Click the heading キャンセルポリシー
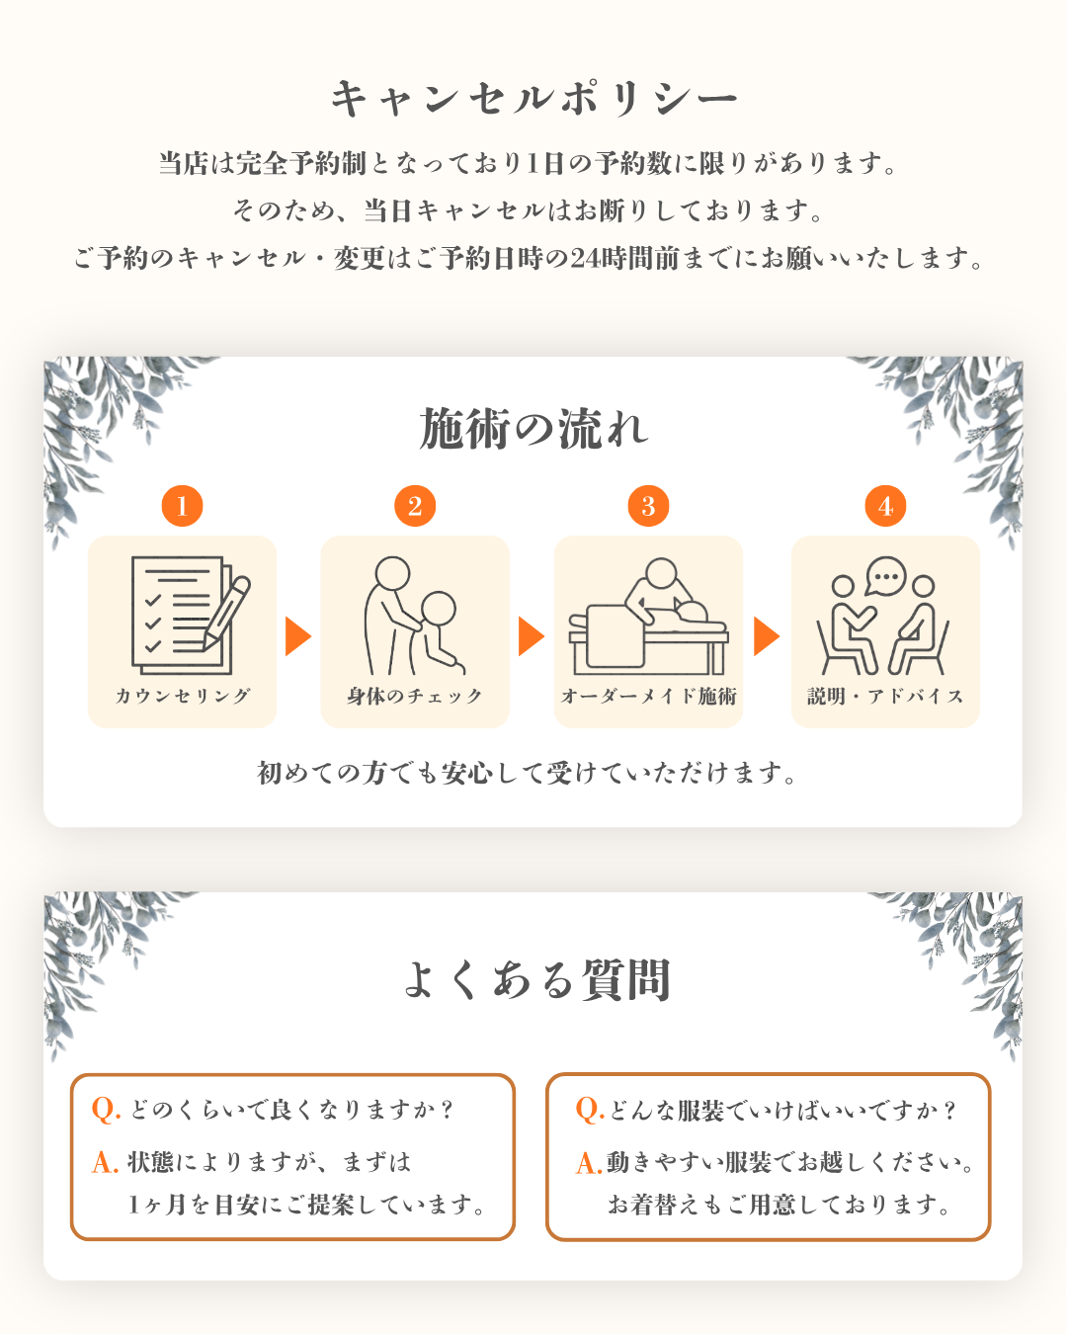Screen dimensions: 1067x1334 point(533,98)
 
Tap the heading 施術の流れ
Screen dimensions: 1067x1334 point(533,428)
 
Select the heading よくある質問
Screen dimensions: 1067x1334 point(536,979)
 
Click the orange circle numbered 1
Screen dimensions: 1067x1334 point(182,506)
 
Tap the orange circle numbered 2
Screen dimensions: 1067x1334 point(415,506)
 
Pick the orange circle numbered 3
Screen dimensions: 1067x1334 point(648,506)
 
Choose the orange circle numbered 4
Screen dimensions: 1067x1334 point(885,506)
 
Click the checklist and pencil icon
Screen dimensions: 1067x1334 point(191,615)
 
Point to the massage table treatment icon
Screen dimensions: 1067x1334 point(648,616)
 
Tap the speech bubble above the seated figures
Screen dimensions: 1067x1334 point(886,576)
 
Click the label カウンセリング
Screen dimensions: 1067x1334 point(183,696)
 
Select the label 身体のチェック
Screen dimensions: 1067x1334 point(415,696)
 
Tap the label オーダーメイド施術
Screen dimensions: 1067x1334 point(648,696)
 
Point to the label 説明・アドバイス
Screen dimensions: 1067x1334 point(885,696)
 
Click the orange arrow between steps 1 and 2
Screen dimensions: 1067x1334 point(298,636)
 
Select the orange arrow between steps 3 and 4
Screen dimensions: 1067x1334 point(767,636)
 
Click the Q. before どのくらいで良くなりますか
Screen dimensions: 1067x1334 point(106,1110)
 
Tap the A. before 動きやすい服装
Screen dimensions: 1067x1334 point(589,1163)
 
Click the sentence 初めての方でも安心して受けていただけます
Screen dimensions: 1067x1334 point(527,773)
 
